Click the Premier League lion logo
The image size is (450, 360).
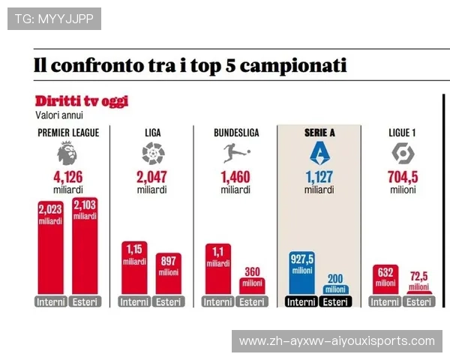pos(67,154)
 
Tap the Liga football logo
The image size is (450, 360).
pos(152,154)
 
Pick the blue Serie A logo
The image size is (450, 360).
pos(319,154)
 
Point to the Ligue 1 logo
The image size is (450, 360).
pos(403,154)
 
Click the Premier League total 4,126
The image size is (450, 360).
pos(67,178)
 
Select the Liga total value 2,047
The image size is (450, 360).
pos(152,178)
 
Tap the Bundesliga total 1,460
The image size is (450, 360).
pos(235,178)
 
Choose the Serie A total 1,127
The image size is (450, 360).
pos(319,178)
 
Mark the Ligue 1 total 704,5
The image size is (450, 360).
pos(403,178)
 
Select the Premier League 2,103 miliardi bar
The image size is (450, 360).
pos(85,247)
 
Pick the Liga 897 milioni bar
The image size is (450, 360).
pos(169,274)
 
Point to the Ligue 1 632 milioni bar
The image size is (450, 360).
pos(385,279)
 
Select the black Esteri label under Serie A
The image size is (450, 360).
pos(335,301)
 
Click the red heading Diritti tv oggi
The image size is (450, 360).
pos(81,101)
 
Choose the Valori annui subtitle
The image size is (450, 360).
pos(59,115)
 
